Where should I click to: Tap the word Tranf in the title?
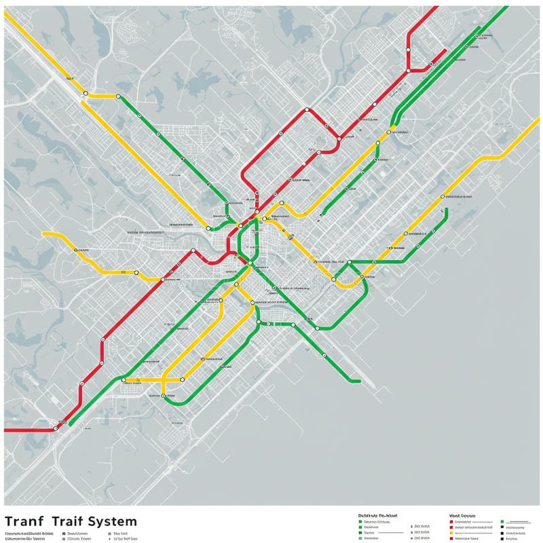click(x=23, y=521)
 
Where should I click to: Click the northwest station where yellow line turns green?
click(x=118, y=96)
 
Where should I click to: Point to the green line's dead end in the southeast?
click(x=359, y=381)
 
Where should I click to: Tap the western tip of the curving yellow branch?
click(x=43, y=234)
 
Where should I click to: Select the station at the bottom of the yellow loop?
click(x=164, y=394)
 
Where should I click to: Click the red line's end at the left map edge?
click(x=5, y=430)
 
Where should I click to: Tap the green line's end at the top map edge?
click(x=506, y=7)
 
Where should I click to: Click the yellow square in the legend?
click(x=451, y=533)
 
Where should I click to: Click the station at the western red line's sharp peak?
click(x=193, y=251)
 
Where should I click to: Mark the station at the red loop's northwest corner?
click(x=307, y=109)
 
